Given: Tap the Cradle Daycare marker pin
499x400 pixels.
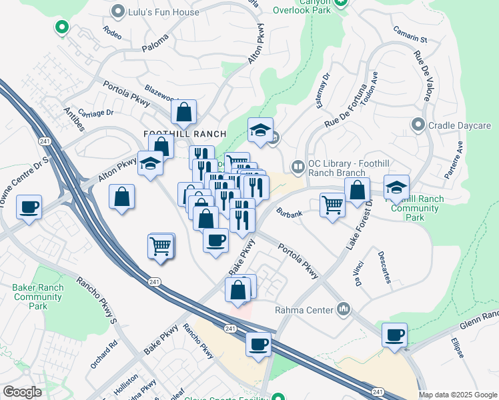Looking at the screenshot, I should click(418, 125).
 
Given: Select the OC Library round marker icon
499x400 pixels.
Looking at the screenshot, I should click(298, 166).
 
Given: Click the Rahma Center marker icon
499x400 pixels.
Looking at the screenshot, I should click(344, 309).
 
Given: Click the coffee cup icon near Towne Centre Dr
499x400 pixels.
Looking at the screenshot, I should click(29, 207).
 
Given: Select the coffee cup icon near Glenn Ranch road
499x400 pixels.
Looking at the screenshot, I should click(395, 334).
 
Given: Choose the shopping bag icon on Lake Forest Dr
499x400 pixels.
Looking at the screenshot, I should click(358, 190).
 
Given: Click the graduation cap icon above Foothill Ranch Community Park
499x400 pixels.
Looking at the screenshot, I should click(397, 187).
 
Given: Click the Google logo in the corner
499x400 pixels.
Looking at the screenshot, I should click(21, 392).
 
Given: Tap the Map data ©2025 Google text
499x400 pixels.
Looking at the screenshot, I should click(457, 395).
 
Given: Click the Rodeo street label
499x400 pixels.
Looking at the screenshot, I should click(113, 31).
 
